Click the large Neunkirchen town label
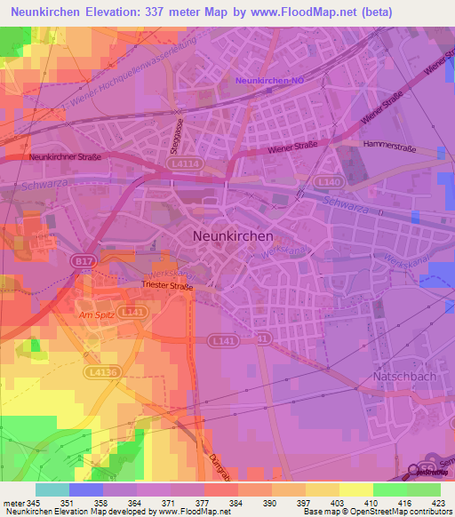[x=233, y=236]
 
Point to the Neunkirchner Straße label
[x=65, y=156]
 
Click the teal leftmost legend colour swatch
[x=52, y=489]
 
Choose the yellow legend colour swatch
[x=356, y=489]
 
